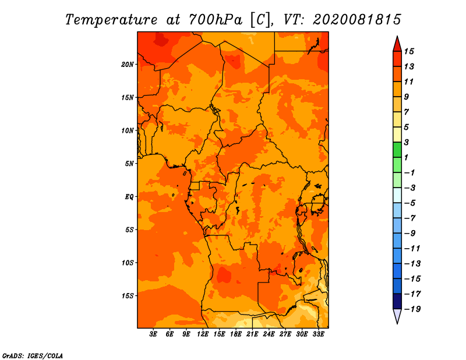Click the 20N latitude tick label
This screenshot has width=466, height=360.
128,65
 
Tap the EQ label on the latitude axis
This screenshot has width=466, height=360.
129,197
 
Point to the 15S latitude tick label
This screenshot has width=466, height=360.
128,296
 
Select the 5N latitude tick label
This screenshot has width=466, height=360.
129,164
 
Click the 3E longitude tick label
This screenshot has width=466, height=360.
153,334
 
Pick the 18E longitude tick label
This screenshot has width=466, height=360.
236,334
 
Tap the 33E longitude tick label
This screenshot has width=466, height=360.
318,334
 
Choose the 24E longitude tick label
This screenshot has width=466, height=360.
269,334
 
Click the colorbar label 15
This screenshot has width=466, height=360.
409,52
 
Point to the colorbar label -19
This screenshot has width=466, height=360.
412,309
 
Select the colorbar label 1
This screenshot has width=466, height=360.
406,157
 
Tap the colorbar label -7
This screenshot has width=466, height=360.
410,218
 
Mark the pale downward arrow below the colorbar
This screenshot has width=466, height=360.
397,315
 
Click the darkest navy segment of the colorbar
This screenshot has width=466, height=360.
397,301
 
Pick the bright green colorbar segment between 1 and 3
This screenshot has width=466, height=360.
397,150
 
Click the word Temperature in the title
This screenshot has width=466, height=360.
111,20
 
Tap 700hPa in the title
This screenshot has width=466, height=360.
215,20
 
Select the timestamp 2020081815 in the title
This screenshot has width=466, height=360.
357,20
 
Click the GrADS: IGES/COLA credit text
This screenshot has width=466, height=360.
33,356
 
